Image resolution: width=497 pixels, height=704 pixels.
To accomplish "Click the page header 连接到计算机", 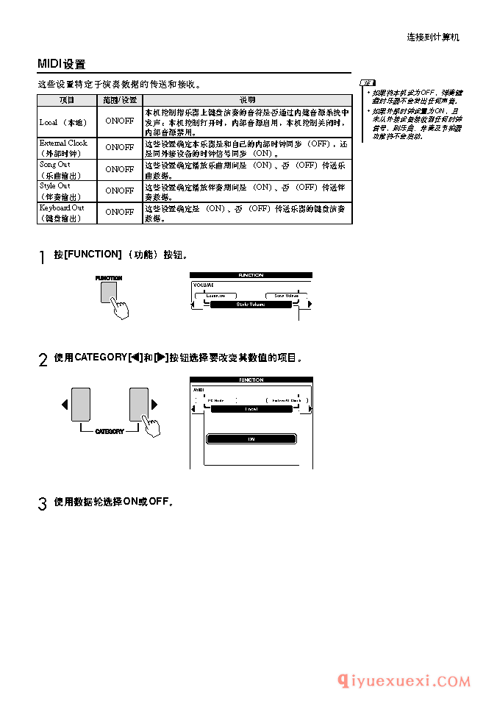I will point(432,37).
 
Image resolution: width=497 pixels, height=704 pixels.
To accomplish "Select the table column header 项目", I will point(67,99).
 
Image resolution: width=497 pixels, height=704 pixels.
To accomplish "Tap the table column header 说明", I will point(247,99).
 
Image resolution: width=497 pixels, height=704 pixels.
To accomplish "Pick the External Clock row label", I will point(64,148).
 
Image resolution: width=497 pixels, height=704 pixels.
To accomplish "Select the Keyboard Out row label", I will point(62,213).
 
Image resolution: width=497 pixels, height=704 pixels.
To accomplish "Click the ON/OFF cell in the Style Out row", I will point(119,191).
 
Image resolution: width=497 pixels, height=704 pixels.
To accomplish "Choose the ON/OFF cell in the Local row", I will point(119,121).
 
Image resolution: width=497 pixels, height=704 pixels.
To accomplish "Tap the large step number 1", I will point(42,257).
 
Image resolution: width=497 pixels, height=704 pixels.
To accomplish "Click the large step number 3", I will point(42,504).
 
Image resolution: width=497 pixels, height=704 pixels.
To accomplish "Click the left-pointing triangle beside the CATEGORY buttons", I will point(65,405).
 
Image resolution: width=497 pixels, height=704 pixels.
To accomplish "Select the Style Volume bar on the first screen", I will point(251,304).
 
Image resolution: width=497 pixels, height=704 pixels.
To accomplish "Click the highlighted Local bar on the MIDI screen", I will point(251,409).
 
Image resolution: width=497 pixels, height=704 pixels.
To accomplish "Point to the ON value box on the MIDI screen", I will point(251,438).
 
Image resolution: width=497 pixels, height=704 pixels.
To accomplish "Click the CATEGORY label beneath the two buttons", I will point(110,432).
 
